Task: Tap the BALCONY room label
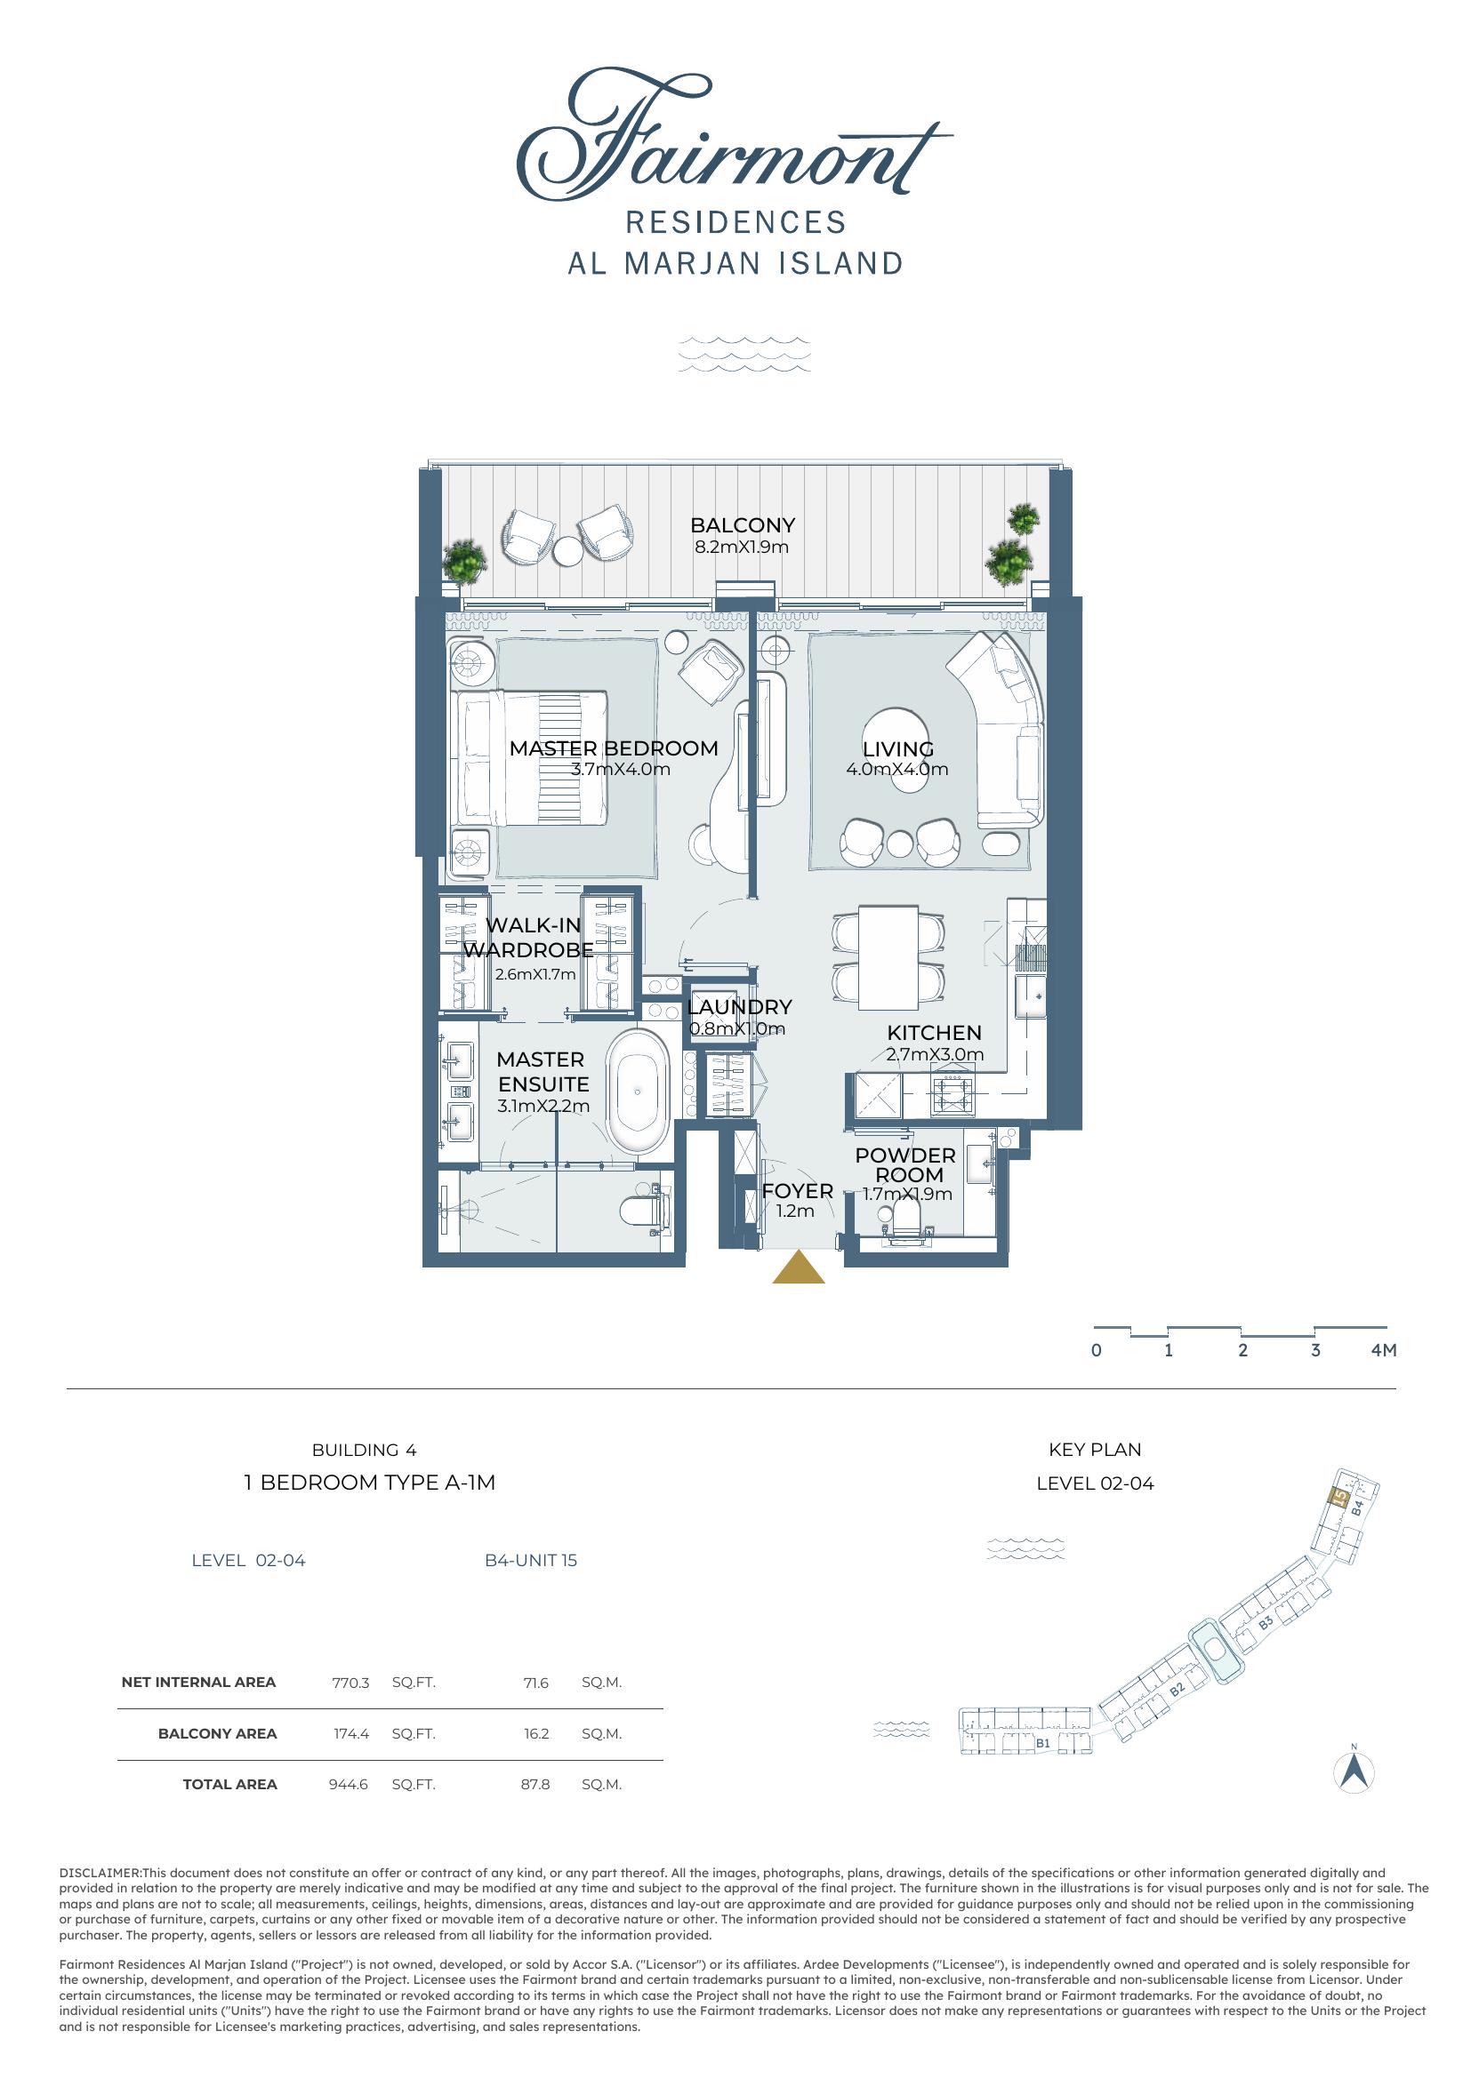pyautogui.click(x=742, y=525)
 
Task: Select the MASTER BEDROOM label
pyautogui.click(x=614, y=748)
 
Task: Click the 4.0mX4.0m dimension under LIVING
pyautogui.click(x=896, y=770)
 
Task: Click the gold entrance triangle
pyautogui.click(x=798, y=1267)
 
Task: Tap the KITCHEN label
pyautogui.click(x=934, y=1032)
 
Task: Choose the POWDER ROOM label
pyautogui.click(x=905, y=1164)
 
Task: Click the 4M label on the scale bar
pyautogui.click(x=1384, y=1350)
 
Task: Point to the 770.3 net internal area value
pyautogui.click(x=350, y=1683)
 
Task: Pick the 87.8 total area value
pyautogui.click(x=535, y=1784)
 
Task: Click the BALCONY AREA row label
pyautogui.click(x=217, y=1733)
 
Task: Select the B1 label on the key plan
pyautogui.click(x=1042, y=1742)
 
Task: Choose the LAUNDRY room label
pyautogui.click(x=740, y=1007)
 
